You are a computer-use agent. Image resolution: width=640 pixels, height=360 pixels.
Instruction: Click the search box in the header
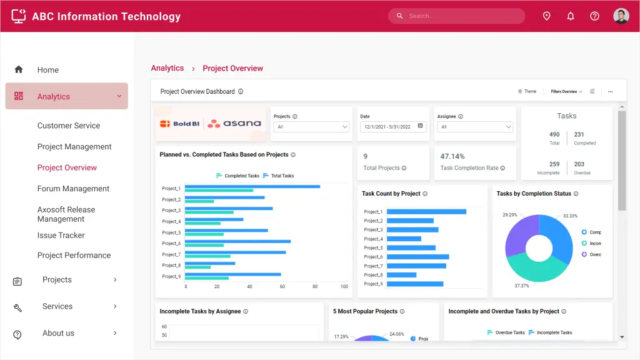tap(462, 16)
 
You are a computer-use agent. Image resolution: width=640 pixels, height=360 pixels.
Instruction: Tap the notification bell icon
tap(571, 16)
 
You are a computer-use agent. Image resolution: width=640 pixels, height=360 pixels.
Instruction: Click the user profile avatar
tap(621, 16)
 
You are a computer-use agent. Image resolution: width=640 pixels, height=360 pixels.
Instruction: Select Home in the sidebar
tap(47, 70)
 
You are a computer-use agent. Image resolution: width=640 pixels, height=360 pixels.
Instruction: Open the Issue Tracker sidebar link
tap(61, 236)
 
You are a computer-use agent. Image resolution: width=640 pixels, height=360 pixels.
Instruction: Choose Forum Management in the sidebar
tap(73, 189)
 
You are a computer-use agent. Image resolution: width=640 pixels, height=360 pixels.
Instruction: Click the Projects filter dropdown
tap(312, 127)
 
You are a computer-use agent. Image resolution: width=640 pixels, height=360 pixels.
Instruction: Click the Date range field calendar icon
tap(421, 126)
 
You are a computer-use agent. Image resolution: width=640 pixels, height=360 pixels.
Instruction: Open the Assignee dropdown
tap(476, 127)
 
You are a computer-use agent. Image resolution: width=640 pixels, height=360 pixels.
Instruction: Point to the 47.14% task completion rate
tap(452, 156)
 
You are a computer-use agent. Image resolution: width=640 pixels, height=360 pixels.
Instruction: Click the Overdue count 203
tap(579, 164)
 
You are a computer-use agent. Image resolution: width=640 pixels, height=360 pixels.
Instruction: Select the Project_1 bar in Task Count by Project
tap(426, 212)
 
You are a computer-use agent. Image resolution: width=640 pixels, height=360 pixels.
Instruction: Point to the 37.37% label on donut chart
tap(521, 286)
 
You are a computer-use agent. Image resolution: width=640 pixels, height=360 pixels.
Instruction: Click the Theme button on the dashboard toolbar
tap(527, 91)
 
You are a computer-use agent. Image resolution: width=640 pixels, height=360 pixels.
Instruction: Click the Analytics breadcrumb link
tap(167, 68)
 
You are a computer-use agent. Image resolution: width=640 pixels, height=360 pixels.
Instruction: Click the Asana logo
tap(234, 124)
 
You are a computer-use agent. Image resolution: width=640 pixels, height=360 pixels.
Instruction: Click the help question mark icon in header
tap(594, 16)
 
